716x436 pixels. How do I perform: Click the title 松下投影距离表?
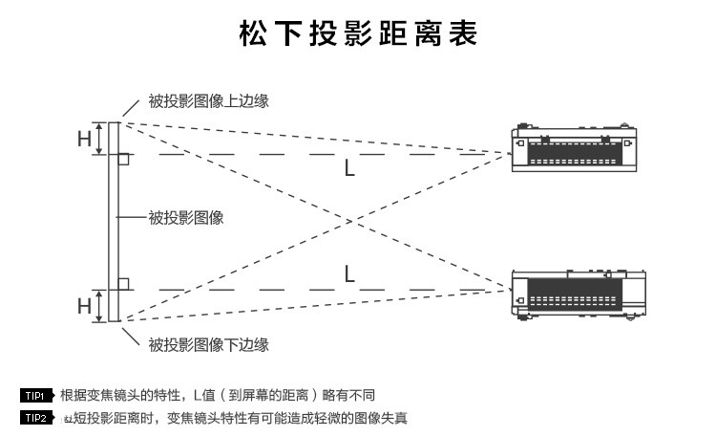358,34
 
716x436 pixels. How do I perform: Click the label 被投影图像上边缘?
208,100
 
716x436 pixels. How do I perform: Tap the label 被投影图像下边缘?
208,344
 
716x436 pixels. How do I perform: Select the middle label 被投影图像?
186,218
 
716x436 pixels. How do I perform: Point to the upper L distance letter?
350,169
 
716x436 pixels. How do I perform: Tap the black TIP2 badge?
34,418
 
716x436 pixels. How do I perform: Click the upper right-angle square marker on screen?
123,159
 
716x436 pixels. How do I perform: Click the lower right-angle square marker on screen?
123,283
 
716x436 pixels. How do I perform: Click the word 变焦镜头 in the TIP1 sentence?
119,395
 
